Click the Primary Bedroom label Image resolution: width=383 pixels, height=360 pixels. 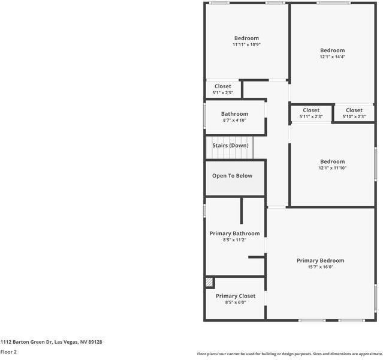click(320, 260)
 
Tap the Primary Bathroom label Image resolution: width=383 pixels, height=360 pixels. click(234, 233)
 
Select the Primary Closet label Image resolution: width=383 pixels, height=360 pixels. click(236, 296)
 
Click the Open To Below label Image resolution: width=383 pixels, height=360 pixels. click(232, 176)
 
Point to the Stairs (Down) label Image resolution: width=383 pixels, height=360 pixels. click(230, 145)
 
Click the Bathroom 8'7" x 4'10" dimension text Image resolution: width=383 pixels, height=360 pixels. click(234, 120)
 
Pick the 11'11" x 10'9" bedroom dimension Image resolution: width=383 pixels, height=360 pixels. click(246, 44)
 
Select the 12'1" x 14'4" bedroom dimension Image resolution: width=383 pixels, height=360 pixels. click(332, 56)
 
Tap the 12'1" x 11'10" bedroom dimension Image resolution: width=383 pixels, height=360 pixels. click(332, 167)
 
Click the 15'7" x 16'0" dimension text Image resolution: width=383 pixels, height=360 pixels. click(320, 267)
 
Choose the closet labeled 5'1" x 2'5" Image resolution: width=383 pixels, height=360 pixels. click(223, 90)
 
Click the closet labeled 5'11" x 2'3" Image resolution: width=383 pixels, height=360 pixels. click(311, 113)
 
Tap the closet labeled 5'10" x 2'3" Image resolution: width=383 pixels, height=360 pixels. click(354, 113)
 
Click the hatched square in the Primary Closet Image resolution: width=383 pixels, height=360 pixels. click(209, 281)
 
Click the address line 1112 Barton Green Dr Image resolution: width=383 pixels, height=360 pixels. click(51, 342)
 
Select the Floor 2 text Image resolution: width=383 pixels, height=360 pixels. click(8, 352)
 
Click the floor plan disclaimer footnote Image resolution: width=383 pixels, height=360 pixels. click(290, 353)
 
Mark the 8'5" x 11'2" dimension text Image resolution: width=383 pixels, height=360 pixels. click(234, 240)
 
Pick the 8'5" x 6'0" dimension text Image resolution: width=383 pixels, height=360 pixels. click(236, 302)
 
